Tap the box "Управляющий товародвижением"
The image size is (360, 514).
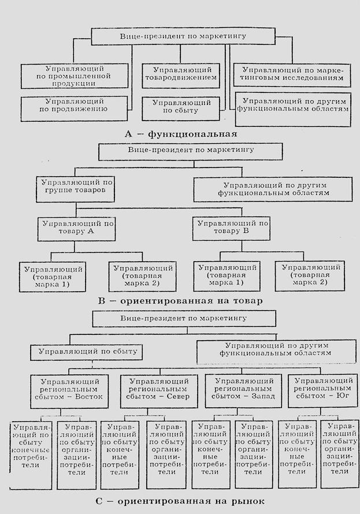pyautogui.click(x=180, y=73)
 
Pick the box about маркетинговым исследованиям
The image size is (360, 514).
pyautogui.click(x=292, y=73)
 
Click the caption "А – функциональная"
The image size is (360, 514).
pyautogui.click(x=181, y=133)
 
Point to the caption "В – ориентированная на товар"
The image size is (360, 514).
pyautogui.click(x=181, y=301)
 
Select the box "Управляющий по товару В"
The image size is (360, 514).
pyautogui.click(x=233, y=227)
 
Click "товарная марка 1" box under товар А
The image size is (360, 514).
pyautogui.click(x=54, y=275)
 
